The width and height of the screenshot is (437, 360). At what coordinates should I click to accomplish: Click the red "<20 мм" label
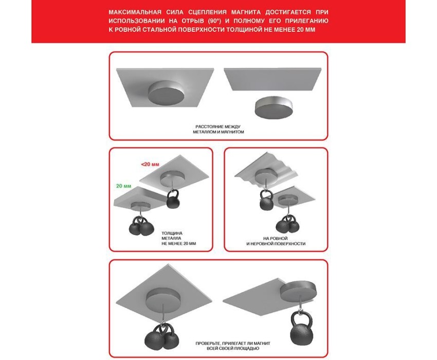coord(150,164)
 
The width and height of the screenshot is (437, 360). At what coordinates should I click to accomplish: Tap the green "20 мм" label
coord(124,186)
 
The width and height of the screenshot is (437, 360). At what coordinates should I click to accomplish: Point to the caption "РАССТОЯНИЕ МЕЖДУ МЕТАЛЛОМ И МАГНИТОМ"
coord(218,130)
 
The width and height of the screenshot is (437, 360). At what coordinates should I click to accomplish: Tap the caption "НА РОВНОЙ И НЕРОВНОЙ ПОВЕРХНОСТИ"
coord(276,241)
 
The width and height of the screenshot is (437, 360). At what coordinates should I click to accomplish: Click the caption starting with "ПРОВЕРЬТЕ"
coord(233,346)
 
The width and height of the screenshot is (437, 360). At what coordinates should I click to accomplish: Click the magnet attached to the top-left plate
coord(166,92)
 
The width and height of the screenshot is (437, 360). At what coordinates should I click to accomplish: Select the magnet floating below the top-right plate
coord(274,107)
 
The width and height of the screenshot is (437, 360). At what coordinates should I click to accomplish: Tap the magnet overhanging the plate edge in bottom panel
coord(298,291)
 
